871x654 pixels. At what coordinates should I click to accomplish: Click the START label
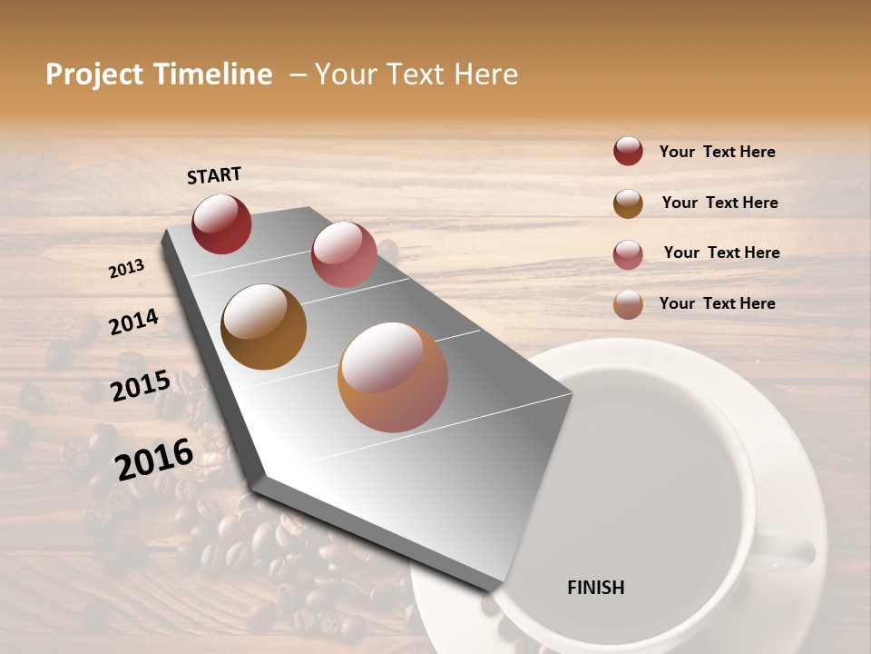coord(214,175)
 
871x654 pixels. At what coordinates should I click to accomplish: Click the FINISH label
coord(595,588)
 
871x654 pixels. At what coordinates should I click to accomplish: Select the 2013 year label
coord(127,269)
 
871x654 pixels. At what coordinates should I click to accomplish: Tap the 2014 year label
coord(134,322)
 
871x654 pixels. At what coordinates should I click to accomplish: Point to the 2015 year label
coord(141,386)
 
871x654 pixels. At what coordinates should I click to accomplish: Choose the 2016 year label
coord(154,459)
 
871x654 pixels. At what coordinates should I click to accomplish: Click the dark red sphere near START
coord(221,224)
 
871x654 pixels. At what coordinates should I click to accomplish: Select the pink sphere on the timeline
coord(344,254)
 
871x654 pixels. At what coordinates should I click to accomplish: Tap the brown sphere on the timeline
coord(264,327)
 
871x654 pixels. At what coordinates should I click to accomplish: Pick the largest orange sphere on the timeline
coord(393,377)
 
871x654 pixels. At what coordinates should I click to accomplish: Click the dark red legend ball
coord(628,151)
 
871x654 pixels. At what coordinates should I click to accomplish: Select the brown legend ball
coord(628,203)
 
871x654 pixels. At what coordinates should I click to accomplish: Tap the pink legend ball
coord(628,254)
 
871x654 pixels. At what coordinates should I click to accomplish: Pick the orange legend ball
coord(628,304)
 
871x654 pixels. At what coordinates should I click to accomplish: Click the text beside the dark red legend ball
coord(717,152)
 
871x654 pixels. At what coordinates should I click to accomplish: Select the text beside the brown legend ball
coord(719,203)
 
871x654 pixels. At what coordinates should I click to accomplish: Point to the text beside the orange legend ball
coord(717,303)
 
